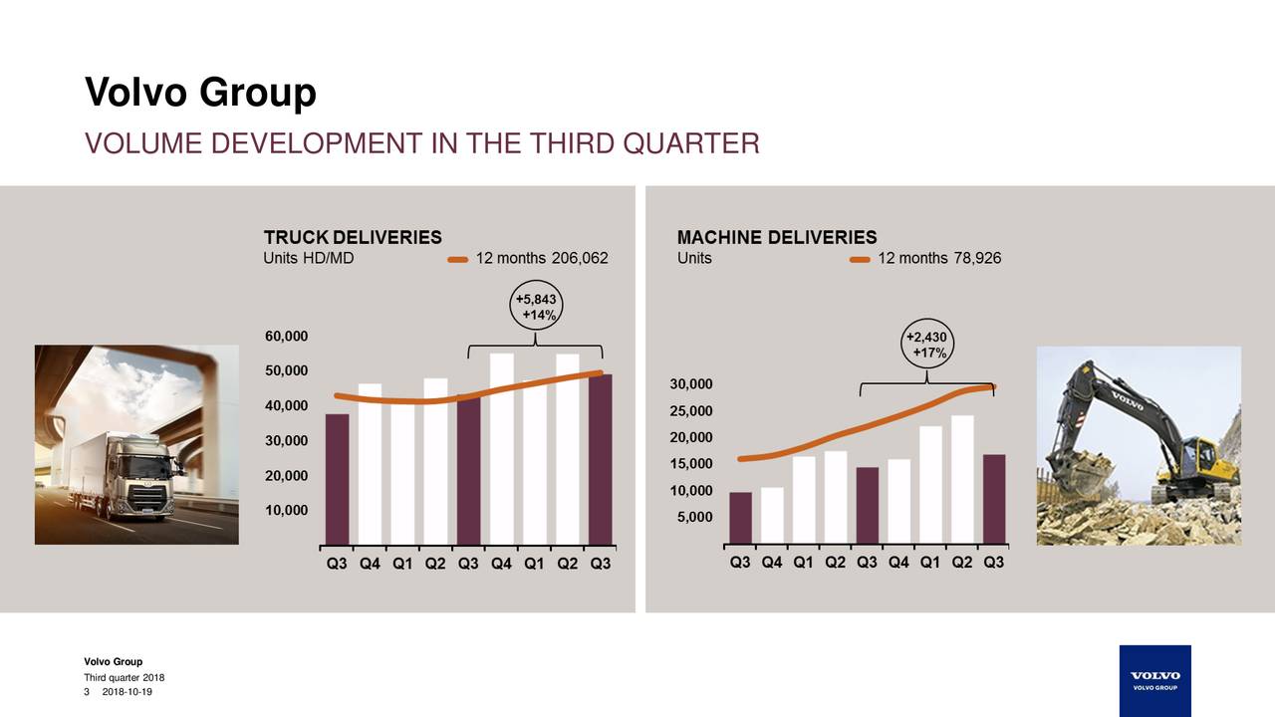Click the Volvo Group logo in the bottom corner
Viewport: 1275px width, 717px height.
[1154, 680]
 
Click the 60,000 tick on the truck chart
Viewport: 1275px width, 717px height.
[286, 337]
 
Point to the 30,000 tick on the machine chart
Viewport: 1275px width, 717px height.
[691, 384]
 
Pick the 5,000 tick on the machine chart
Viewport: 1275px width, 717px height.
[694, 517]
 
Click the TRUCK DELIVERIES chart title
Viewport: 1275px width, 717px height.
[353, 237]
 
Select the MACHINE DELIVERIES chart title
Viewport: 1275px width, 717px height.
[777, 237]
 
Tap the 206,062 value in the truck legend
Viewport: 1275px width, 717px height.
[580, 258]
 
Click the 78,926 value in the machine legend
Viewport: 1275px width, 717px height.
[977, 258]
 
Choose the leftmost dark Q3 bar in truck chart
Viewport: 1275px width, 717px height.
[337, 479]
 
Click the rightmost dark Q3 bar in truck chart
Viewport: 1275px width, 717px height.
[601, 459]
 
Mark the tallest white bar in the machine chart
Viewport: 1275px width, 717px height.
[962, 480]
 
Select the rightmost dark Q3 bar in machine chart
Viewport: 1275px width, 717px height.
[994, 499]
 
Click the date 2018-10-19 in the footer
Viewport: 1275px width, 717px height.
[127, 692]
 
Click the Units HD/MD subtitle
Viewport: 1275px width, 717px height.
[309, 258]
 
